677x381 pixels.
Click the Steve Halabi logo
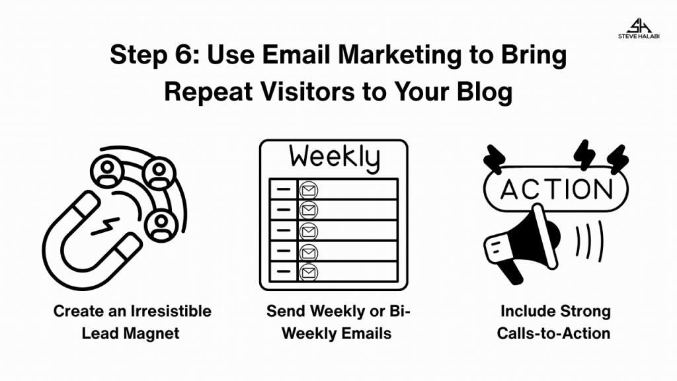click(639, 28)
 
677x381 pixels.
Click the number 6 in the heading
click(185, 55)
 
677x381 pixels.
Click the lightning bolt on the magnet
click(105, 226)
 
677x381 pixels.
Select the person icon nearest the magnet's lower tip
click(161, 226)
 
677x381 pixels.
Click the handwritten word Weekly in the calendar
click(335, 157)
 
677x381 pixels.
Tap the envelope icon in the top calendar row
click(308, 190)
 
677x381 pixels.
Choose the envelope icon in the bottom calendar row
click(308, 273)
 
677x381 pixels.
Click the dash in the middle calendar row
click(283, 230)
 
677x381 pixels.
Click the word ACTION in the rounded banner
click(556, 189)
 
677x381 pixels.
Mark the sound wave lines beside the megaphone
click(589, 241)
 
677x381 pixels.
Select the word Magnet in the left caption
click(151, 333)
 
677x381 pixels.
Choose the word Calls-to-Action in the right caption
click(553, 333)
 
